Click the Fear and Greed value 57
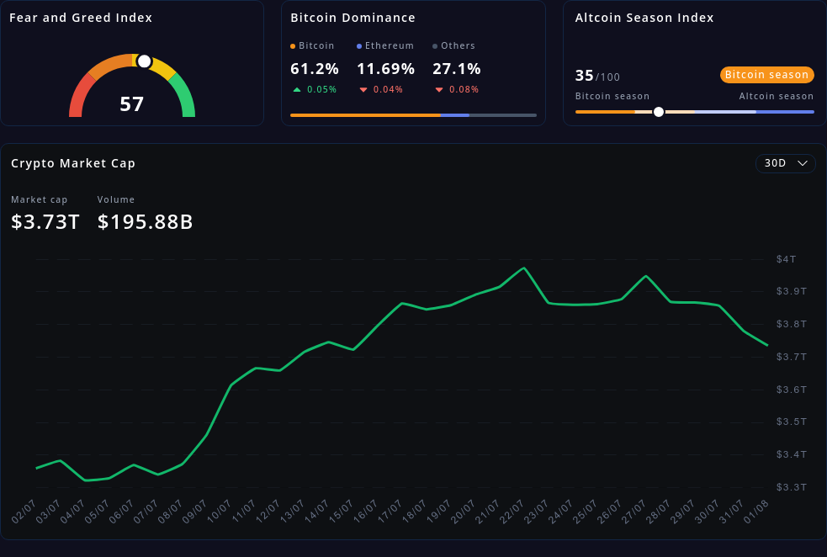[132, 104]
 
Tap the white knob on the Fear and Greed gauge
[144, 61]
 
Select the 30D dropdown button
[785, 163]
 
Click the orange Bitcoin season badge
[766, 75]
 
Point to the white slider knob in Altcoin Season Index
[659, 112]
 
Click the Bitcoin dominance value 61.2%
[315, 69]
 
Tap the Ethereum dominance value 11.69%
[385, 69]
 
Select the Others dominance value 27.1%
[457, 69]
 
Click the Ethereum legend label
[390, 45]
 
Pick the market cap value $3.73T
[45, 222]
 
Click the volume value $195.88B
[146, 222]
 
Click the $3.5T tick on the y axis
[791, 422]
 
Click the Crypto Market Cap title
[73, 163]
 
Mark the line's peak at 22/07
[524, 268]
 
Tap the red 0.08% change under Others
[464, 89]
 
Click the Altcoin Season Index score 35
[585, 76]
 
